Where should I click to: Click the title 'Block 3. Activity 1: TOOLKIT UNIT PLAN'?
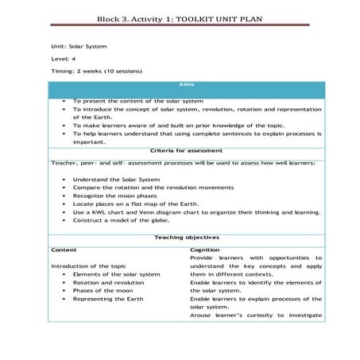coord(180,17)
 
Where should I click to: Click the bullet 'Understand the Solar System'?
coord(116,180)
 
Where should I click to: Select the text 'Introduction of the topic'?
coord(88,265)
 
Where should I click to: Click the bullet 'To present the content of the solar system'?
coord(137,101)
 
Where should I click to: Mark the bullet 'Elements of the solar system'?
coord(116,274)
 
